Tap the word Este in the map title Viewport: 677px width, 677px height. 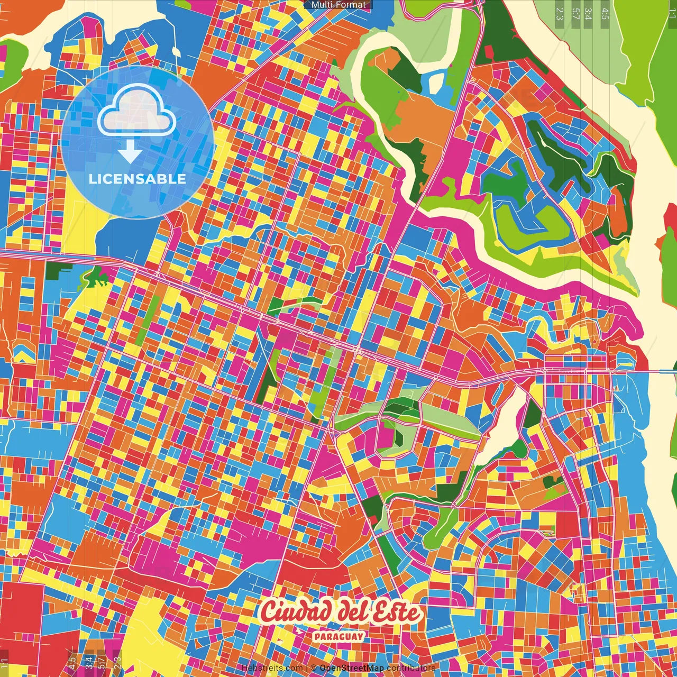point(397,612)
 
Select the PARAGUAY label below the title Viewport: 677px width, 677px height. point(338,636)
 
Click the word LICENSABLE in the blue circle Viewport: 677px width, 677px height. point(138,179)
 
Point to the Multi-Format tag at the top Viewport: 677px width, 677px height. point(338,5)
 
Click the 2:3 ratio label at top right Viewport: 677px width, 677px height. point(560,13)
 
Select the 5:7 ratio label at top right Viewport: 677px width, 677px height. point(575,13)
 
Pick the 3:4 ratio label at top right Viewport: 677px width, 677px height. point(589,13)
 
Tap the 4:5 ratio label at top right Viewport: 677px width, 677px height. point(605,13)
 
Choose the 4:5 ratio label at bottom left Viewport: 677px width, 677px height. point(72,662)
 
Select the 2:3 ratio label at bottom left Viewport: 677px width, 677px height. point(117,662)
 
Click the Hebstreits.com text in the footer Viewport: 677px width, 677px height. point(272,668)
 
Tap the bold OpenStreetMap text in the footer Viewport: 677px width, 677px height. point(352,668)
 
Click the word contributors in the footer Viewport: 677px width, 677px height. point(411,668)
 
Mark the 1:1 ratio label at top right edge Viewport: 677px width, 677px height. point(672,13)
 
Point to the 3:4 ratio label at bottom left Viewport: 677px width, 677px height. point(88,662)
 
